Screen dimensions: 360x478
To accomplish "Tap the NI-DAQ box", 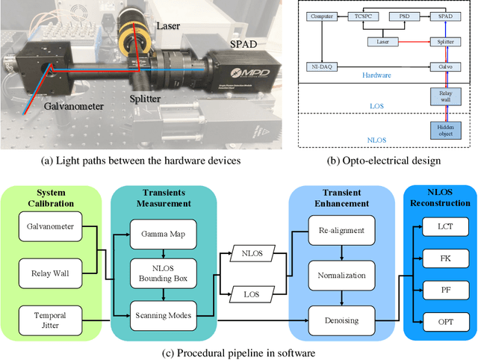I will [x=323, y=66].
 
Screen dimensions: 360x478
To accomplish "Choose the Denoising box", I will [x=341, y=319].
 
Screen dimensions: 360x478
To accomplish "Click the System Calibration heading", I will [x=55, y=196].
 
